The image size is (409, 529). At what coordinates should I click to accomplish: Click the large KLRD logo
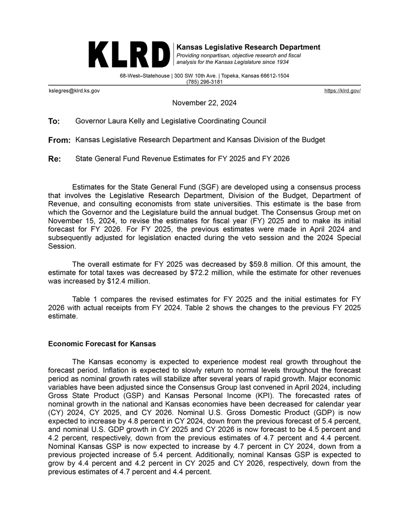pyautogui.click(x=129, y=55)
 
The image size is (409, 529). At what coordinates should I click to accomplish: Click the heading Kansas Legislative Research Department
pyautogui.click(x=248, y=47)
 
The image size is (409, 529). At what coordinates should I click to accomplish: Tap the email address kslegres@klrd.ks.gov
pyautogui.click(x=74, y=90)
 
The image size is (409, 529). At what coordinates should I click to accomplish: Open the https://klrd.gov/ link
pyautogui.click(x=342, y=90)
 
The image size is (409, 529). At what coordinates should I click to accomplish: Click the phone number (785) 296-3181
pyautogui.click(x=204, y=82)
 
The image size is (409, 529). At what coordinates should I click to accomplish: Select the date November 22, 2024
pyautogui.click(x=204, y=103)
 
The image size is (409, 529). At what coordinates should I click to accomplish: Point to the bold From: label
pyautogui.click(x=59, y=140)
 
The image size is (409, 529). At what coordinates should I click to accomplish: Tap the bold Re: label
pyautogui.click(x=54, y=159)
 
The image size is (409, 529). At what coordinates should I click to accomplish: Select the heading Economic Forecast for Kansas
pyautogui.click(x=102, y=343)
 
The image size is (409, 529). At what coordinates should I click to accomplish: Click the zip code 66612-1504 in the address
pyautogui.click(x=272, y=76)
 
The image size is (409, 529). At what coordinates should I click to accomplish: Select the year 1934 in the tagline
pyautogui.click(x=281, y=62)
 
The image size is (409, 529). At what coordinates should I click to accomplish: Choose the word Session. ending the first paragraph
pyautogui.click(x=61, y=246)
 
